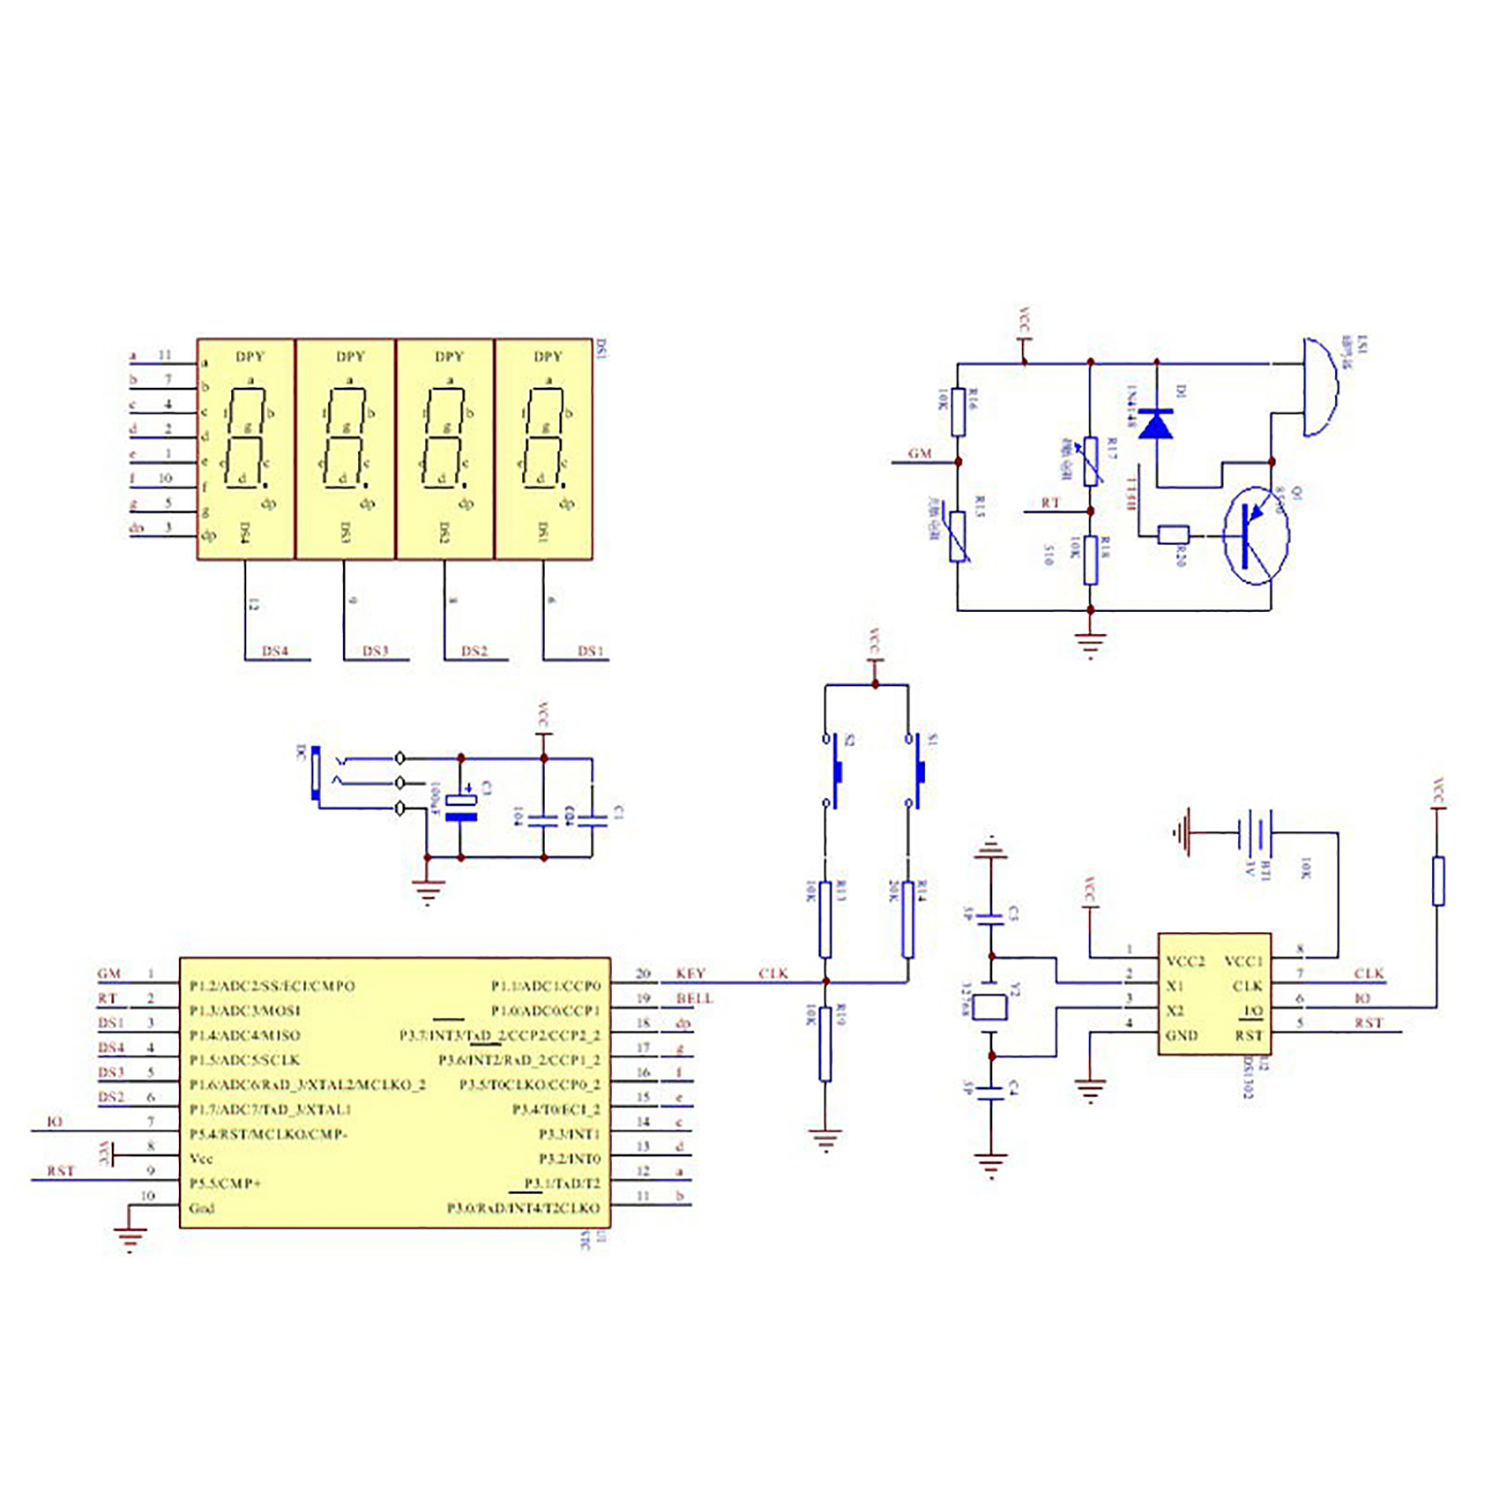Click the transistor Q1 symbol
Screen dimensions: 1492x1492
(1255, 536)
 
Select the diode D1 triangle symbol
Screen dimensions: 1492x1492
(1156, 424)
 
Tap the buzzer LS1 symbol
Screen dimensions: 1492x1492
(1319, 387)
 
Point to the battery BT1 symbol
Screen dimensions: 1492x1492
(1256, 831)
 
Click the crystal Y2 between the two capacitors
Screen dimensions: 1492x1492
(990, 1007)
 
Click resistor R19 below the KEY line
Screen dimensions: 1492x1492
(825, 1043)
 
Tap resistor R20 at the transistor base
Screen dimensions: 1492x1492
(1172, 534)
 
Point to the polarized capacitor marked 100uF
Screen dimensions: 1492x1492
(461, 808)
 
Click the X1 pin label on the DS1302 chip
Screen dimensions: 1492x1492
(1175, 986)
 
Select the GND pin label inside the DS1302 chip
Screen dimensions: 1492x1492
(1181, 1035)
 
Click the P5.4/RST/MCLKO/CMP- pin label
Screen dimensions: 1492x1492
(269, 1134)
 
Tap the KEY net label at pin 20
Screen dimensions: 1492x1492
(690, 974)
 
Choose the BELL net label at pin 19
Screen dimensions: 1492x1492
(695, 999)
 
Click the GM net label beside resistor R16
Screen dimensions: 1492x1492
(920, 453)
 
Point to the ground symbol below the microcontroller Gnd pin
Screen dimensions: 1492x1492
(130, 1239)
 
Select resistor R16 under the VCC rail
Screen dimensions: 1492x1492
(958, 412)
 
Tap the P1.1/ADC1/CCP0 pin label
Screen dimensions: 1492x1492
(546, 986)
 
